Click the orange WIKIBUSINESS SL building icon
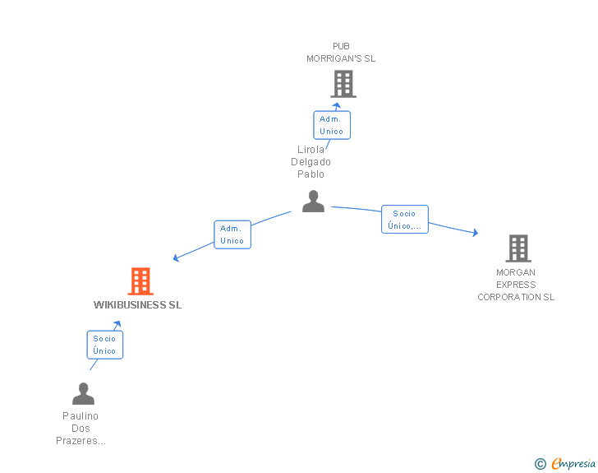pyautogui.click(x=140, y=281)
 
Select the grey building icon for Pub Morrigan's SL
pyautogui.click(x=343, y=83)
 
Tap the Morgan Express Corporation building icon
pyautogui.click(x=517, y=248)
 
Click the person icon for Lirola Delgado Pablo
pyautogui.click(x=313, y=202)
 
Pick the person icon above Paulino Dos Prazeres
pyautogui.click(x=83, y=394)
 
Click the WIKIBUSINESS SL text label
pyautogui.click(x=137, y=305)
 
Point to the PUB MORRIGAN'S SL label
pyautogui.click(x=341, y=53)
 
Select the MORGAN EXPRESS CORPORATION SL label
pyautogui.click(x=516, y=285)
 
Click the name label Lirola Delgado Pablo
pyautogui.click(x=311, y=162)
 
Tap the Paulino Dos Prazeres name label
pyautogui.click(x=80, y=429)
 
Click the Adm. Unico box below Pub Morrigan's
pyautogui.click(x=331, y=125)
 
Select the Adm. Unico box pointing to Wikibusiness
pyautogui.click(x=232, y=234)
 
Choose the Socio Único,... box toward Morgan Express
pyautogui.click(x=404, y=220)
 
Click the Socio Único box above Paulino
pyautogui.click(x=104, y=345)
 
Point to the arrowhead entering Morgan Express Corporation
pyautogui.click(x=474, y=234)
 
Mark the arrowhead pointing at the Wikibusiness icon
pyautogui.click(x=177, y=258)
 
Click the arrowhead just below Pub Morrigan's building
pyautogui.click(x=336, y=104)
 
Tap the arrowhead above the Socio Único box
pyautogui.click(x=117, y=325)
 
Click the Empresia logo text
pyautogui.click(x=573, y=464)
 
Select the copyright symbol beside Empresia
pyautogui.click(x=540, y=465)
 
